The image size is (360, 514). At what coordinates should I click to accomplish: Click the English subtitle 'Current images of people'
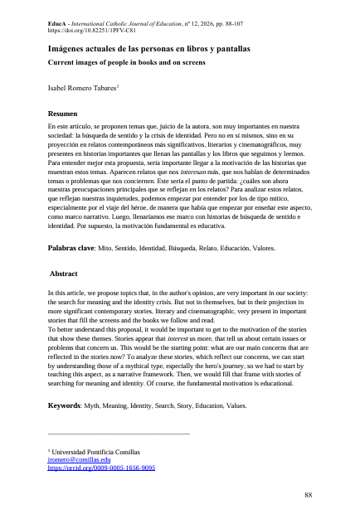tap(114, 62)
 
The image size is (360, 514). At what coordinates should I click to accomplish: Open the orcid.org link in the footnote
tap(101, 468)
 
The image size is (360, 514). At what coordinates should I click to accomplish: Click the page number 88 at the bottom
tap(309, 495)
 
